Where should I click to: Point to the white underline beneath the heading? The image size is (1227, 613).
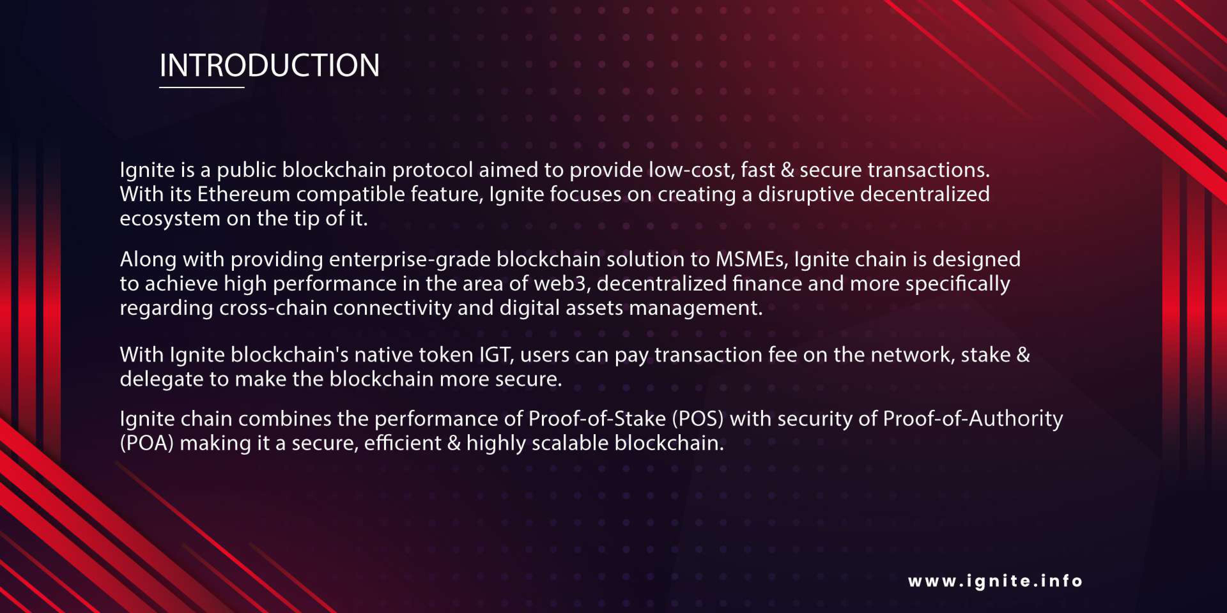(x=202, y=87)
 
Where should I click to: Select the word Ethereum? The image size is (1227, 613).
(x=244, y=194)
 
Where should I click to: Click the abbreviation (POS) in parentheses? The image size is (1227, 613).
(x=698, y=419)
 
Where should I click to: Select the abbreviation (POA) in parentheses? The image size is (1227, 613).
(x=147, y=443)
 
